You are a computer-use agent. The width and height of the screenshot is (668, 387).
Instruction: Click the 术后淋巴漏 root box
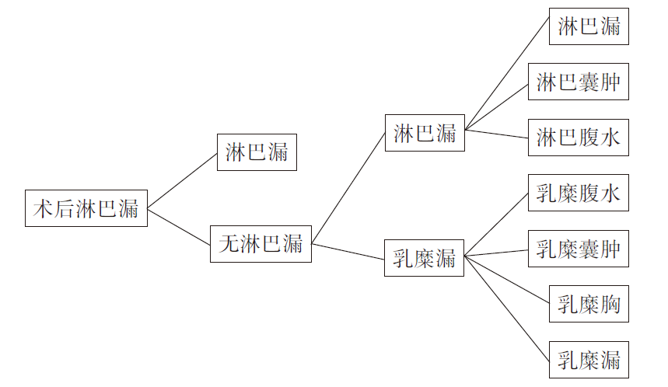(86, 208)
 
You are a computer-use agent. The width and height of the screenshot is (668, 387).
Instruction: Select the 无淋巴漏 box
(261, 243)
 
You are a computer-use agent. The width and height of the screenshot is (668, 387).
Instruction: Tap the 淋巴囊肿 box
(578, 82)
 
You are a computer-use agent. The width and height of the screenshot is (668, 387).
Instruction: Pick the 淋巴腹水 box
(578, 138)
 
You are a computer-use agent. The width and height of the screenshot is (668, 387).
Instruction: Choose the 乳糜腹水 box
(578, 193)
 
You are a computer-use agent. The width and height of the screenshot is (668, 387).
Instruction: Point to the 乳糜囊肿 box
(578, 249)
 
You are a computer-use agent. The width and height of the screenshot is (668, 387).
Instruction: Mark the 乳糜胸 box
(589, 305)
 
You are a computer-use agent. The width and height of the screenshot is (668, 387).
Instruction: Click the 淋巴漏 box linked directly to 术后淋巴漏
(257, 152)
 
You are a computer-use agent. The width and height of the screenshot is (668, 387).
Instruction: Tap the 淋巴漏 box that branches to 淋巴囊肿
(425, 133)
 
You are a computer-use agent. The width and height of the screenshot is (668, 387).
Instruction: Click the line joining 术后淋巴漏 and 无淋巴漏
(179, 225)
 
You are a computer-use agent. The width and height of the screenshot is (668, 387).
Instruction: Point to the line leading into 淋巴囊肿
(498, 104)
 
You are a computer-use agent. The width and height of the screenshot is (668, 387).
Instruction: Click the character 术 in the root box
(42, 208)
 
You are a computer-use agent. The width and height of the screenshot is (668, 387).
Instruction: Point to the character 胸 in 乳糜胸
(610, 305)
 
